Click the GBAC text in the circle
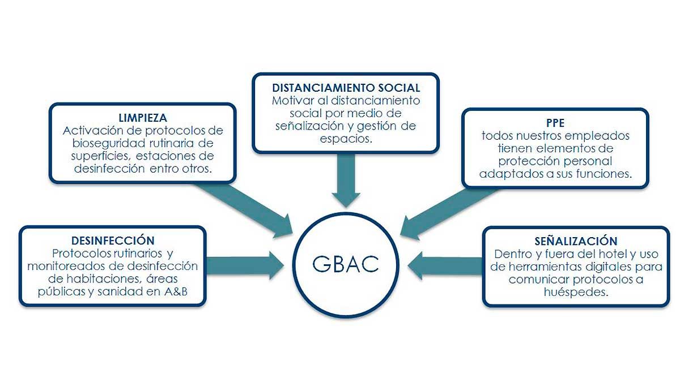pos(345,264)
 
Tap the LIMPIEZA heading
pos(143,118)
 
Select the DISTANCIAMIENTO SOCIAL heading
pos(346,88)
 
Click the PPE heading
pos(555,123)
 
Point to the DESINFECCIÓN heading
pos(113,241)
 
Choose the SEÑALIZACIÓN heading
pos(575,241)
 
